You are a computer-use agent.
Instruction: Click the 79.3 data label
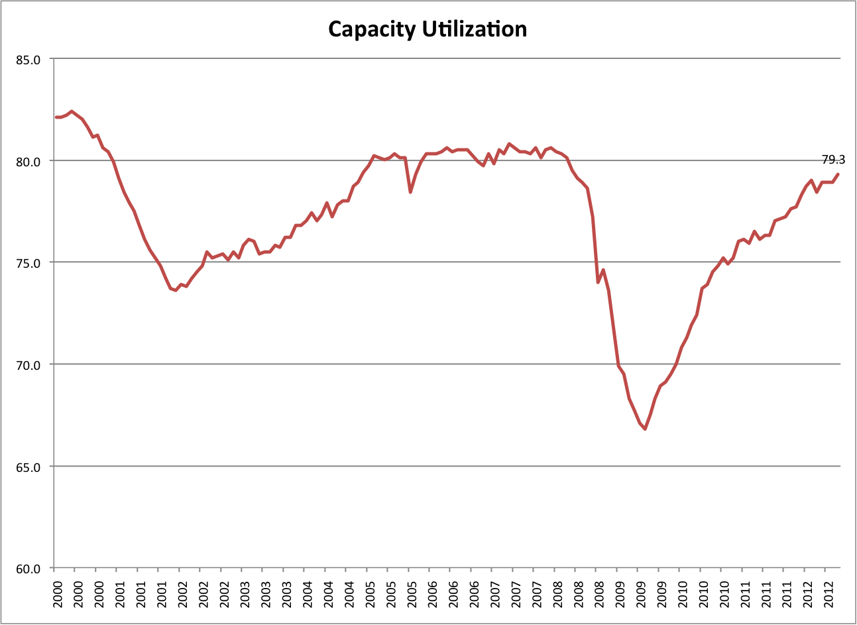(833, 160)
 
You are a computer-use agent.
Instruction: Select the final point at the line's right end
(838, 174)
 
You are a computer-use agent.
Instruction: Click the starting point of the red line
(56, 117)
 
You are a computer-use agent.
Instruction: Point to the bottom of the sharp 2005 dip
(410, 192)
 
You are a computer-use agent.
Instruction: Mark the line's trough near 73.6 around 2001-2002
(176, 290)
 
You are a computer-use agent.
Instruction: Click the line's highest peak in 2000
(72, 111)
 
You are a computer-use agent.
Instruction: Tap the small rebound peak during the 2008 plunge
(603, 270)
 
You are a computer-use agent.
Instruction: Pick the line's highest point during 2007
(509, 144)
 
